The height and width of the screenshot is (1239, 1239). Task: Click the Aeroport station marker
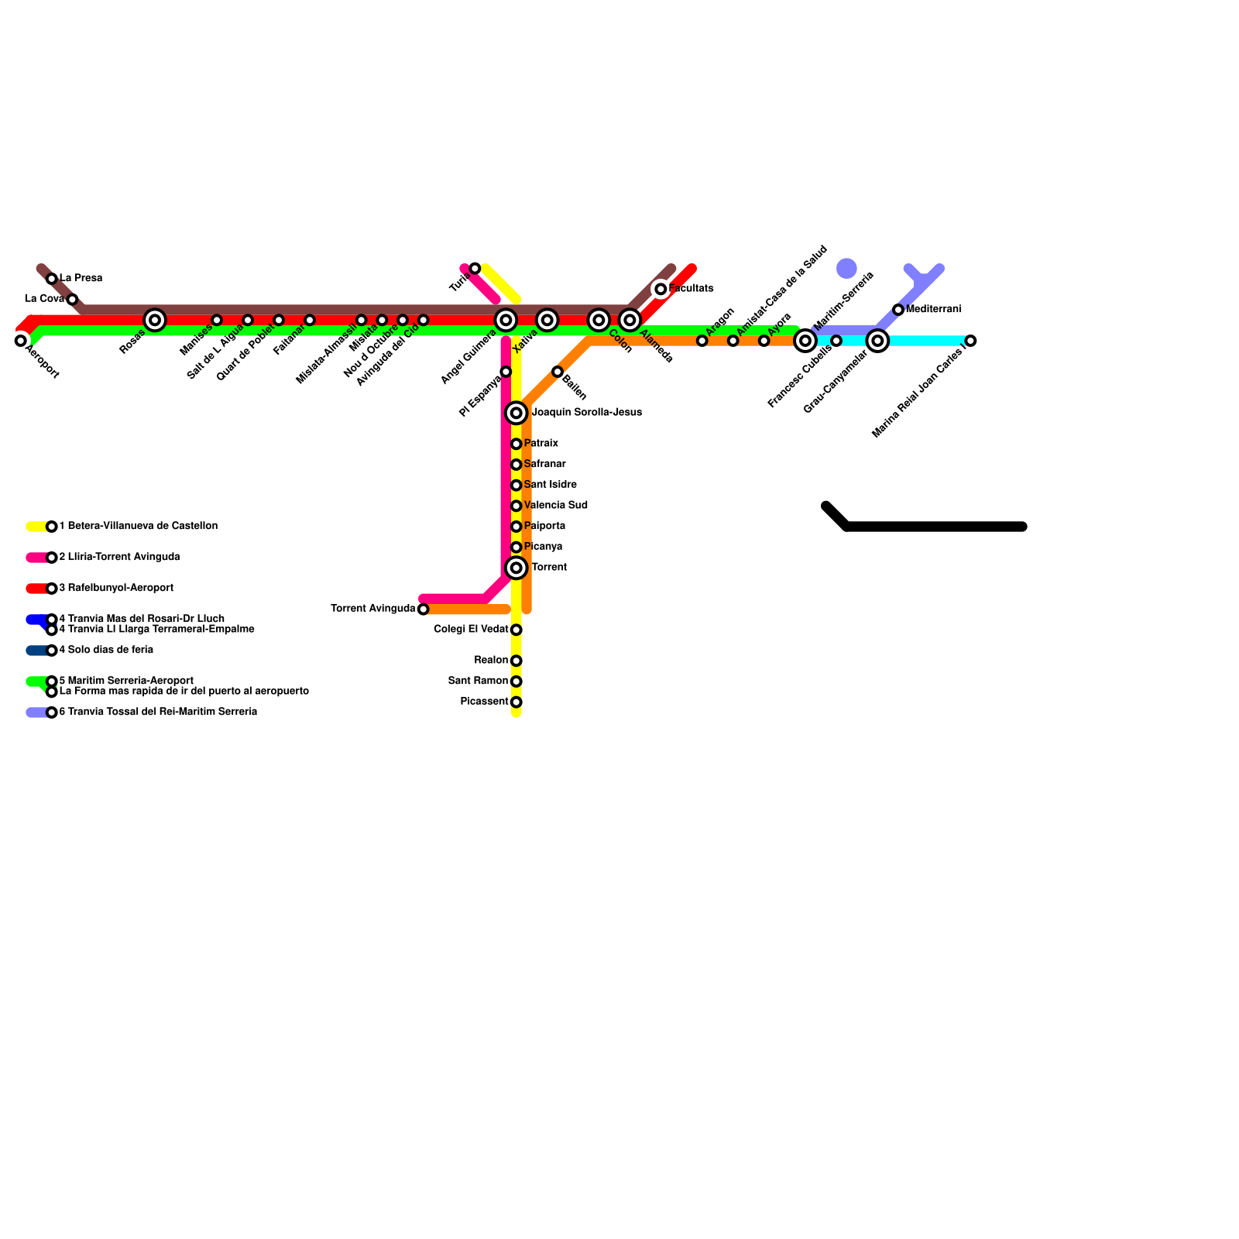(21, 340)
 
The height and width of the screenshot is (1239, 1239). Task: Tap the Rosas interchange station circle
(155, 319)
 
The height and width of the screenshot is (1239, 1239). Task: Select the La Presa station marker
(52, 279)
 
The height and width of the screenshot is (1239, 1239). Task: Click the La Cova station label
(44, 299)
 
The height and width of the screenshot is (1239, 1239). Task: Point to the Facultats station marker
(661, 289)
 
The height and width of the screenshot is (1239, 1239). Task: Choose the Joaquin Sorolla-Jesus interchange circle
(517, 413)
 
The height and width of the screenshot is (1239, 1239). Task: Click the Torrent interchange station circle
(517, 568)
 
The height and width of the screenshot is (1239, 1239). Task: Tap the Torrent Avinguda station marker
(423, 609)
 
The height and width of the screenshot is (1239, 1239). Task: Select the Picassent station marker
(517, 702)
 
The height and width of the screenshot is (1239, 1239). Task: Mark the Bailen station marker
(558, 372)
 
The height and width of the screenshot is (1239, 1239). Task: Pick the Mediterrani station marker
(898, 310)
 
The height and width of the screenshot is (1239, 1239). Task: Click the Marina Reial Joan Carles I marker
(971, 341)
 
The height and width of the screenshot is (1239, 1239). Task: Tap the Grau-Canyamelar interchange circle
(877, 340)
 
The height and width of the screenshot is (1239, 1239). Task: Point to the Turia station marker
(475, 269)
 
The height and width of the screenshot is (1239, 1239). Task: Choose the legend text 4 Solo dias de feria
(106, 650)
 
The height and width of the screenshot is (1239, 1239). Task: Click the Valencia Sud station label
(555, 506)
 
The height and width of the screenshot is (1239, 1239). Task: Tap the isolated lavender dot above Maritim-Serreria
(847, 269)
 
